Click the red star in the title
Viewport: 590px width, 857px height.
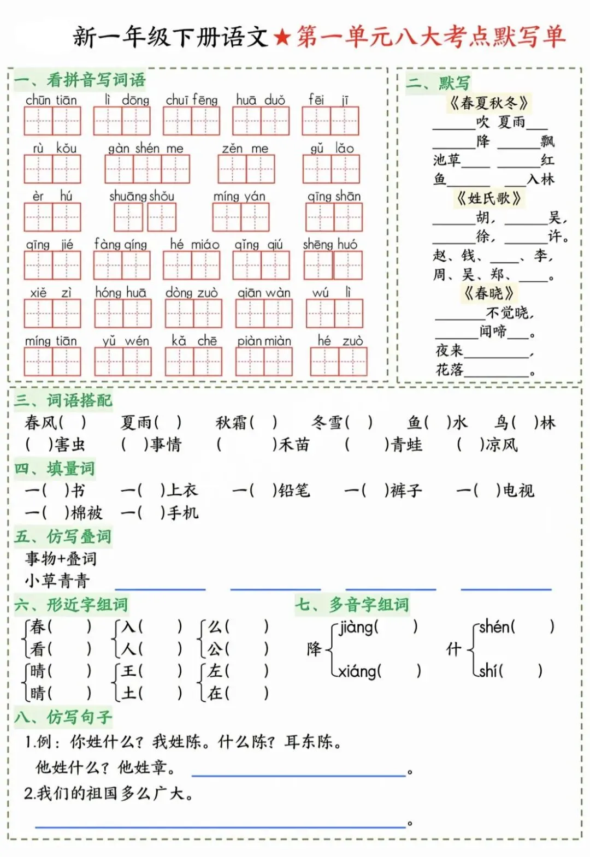pyautogui.click(x=282, y=38)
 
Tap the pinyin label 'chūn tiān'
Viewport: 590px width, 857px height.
pyautogui.click(x=51, y=100)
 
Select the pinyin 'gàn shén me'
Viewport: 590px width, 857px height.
pyautogui.click(x=145, y=148)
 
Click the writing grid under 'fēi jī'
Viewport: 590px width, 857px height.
pyautogui.click(x=330, y=121)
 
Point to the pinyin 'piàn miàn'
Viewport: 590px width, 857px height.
pyautogui.click(x=264, y=341)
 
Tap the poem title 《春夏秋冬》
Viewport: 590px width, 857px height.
pyautogui.click(x=489, y=103)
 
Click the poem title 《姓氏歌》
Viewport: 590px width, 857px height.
pyautogui.click(x=489, y=198)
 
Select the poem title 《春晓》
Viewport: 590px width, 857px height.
pyautogui.click(x=489, y=293)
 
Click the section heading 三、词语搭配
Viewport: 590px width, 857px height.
pyautogui.click(x=63, y=400)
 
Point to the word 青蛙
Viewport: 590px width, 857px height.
pyautogui.click(x=406, y=445)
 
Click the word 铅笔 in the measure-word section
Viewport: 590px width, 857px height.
pyautogui.click(x=294, y=490)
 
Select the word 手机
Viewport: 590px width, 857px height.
pyautogui.click(x=182, y=513)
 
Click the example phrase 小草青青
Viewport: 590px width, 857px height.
pyautogui.click(x=57, y=581)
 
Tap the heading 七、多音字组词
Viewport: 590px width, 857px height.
pyautogui.click(x=352, y=605)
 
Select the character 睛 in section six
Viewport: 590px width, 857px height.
pyautogui.click(x=38, y=693)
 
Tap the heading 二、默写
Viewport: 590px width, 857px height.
pyautogui.click(x=438, y=83)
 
